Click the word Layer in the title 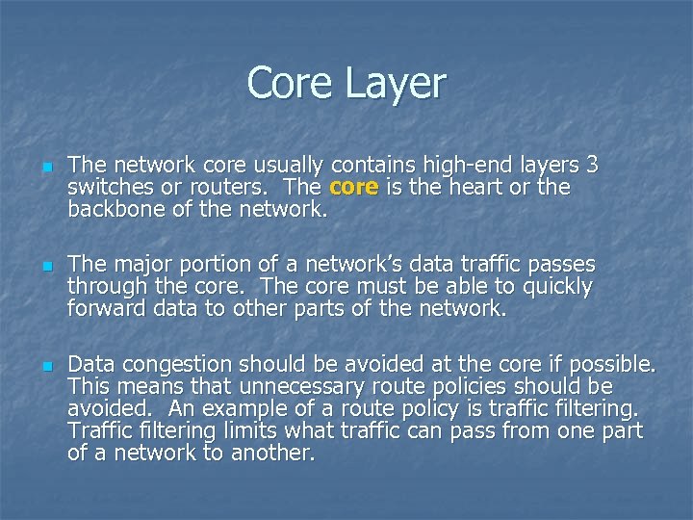(397, 83)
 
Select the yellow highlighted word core (353, 187)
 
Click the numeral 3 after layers (592, 165)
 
